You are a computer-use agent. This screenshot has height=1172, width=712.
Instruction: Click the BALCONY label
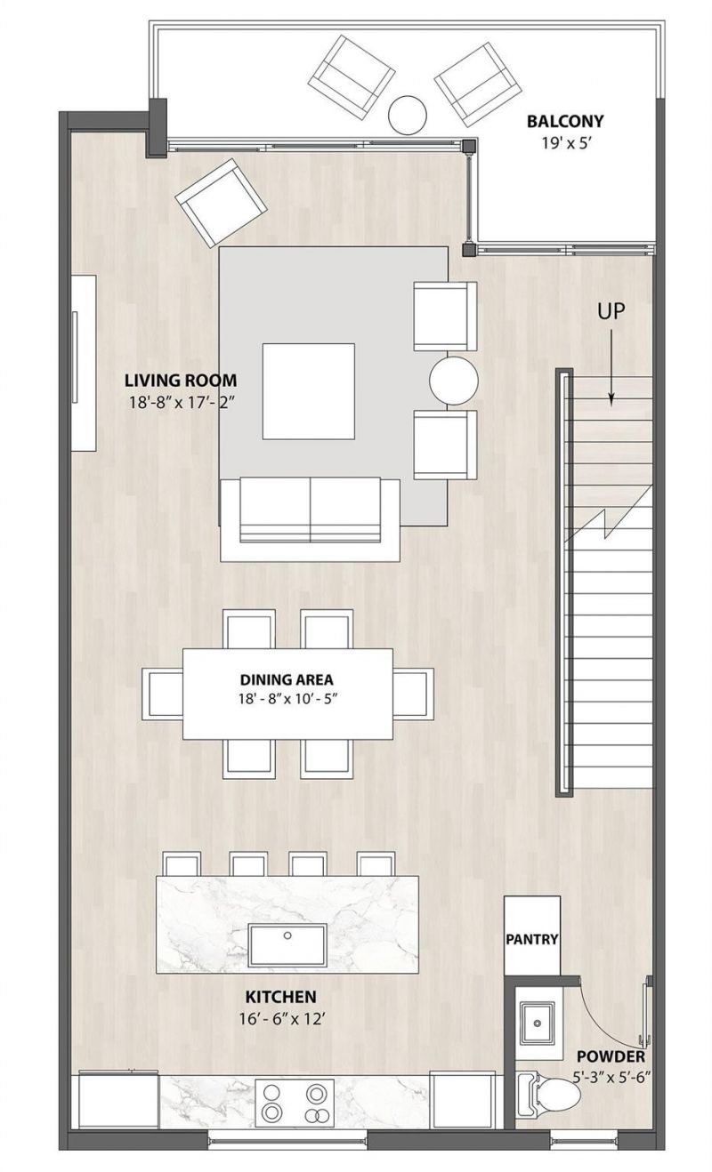tap(564, 122)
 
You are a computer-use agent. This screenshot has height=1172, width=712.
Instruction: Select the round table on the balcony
tap(409, 114)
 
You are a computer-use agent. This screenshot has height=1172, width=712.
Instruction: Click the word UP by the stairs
tap(611, 311)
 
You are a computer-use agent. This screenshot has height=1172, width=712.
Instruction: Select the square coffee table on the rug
tap(308, 391)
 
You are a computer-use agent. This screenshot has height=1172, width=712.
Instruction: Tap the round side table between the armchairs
tap(454, 381)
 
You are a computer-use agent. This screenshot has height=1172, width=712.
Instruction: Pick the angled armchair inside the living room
tap(222, 202)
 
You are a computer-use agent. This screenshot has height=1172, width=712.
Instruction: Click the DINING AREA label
tap(287, 680)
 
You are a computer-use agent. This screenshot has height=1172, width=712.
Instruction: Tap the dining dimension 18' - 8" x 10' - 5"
tap(287, 700)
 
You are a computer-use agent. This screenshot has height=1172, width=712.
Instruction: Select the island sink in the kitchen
tap(287, 944)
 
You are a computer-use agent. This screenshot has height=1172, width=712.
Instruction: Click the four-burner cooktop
tap(295, 1103)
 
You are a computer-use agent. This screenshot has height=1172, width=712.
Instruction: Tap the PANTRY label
tap(532, 939)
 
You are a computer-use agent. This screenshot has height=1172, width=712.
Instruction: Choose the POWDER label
tap(611, 1057)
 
